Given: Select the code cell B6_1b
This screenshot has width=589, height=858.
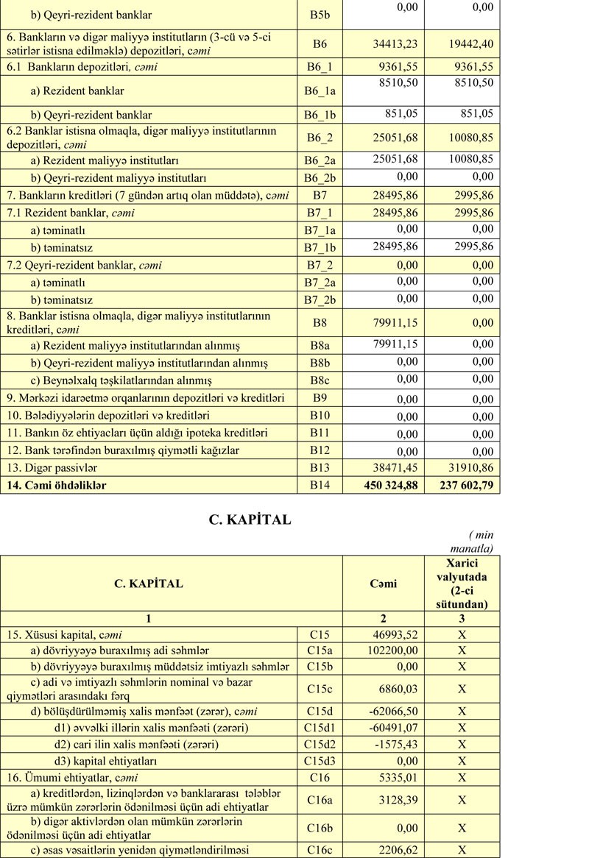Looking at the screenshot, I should (320, 115).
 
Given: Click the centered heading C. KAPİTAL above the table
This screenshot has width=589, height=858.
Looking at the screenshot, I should (250, 520).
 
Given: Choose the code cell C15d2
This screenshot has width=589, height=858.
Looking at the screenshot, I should (320, 744).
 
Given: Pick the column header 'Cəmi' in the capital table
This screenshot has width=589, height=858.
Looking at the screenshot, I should (383, 584).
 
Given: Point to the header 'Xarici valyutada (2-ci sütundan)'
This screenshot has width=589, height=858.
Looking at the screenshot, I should (462, 584).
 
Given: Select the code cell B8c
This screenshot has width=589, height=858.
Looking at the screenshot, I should (320, 380).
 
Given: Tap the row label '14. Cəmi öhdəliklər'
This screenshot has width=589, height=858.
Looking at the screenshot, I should (57, 485).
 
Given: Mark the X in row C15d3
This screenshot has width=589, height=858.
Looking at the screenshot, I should (462, 760).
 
